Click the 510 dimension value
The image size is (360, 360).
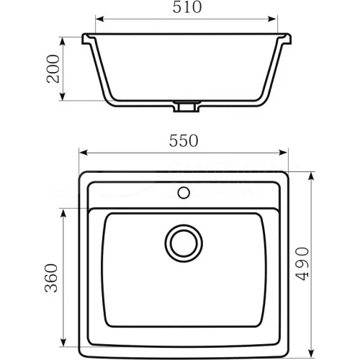(x=188, y=8)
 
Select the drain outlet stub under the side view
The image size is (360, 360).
(x=184, y=108)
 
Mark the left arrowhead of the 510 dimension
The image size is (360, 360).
(x=99, y=19)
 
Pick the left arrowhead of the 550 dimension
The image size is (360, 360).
(x=82, y=153)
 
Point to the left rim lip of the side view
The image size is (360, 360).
(x=87, y=38)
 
